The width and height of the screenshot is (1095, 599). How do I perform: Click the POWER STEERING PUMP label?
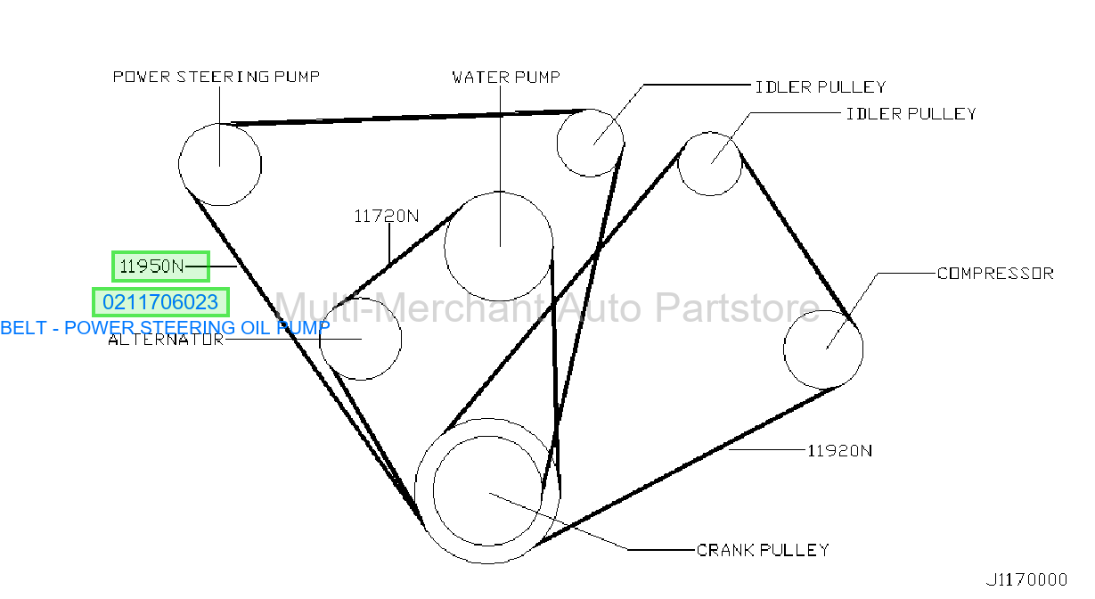click(x=217, y=77)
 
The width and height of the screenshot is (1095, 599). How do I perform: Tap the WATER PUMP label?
click(x=506, y=78)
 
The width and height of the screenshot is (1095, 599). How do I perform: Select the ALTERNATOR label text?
click(x=166, y=340)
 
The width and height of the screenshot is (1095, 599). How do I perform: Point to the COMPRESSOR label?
click(x=995, y=274)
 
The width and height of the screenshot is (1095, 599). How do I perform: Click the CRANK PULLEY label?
click(x=763, y=550)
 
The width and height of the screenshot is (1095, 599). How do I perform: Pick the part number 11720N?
click(x=386, y=216)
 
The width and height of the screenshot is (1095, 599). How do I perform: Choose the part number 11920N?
click(x=839, y=451)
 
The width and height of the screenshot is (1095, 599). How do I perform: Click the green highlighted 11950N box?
click(x=161, y=267)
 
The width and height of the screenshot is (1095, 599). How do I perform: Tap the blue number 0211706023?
click(x=160, y=302)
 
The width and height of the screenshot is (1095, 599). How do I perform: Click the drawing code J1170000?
click(x=1026, y=580)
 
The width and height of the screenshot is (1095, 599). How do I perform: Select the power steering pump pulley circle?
click(x=178, y=165)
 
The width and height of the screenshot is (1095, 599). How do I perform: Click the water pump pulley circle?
click(x=445, y=246)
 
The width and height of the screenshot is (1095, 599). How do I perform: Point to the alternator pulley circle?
click(x=319, y=339)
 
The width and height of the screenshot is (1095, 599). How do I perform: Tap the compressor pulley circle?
click(x=784, y=349)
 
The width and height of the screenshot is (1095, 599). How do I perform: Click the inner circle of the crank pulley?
click(x=434, y=490)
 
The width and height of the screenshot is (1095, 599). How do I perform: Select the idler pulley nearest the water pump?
click(x=557, y=143)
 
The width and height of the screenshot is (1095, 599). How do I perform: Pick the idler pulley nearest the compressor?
click(x=678, y=164)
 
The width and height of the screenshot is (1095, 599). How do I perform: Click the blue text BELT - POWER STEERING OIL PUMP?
click(x=165, y=328)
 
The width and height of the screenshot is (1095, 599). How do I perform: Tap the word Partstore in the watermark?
click(x=737, y=308)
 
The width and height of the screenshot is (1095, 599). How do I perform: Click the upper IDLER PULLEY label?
click(x=821, y=87)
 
